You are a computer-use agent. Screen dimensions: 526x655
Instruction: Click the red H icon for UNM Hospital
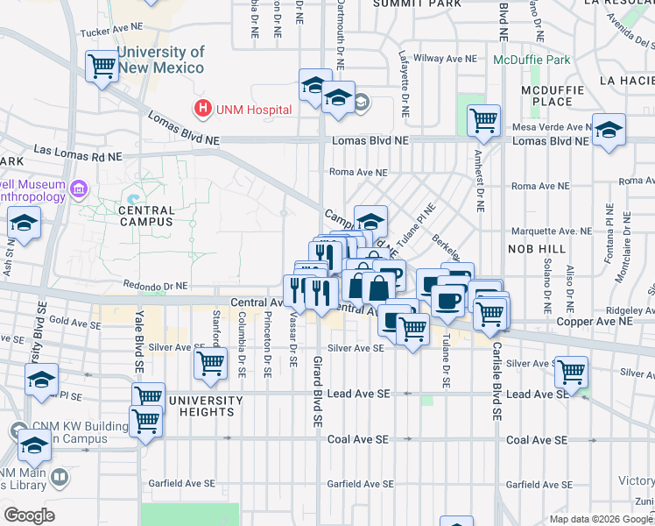pos(203,110)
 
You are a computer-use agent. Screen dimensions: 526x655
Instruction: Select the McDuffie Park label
pos(531,60)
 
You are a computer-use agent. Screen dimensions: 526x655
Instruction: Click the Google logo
pos(29,515)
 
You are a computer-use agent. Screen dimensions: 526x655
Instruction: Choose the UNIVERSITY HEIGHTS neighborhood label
pos(206,406)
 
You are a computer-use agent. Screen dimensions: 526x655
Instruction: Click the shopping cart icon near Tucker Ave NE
pos(102,66)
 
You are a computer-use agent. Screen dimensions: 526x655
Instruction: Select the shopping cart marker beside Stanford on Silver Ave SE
pos(210,363)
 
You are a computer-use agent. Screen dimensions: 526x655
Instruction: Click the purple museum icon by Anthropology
pos(79,189)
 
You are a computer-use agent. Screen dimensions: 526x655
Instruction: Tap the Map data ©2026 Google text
pos(600,519)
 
